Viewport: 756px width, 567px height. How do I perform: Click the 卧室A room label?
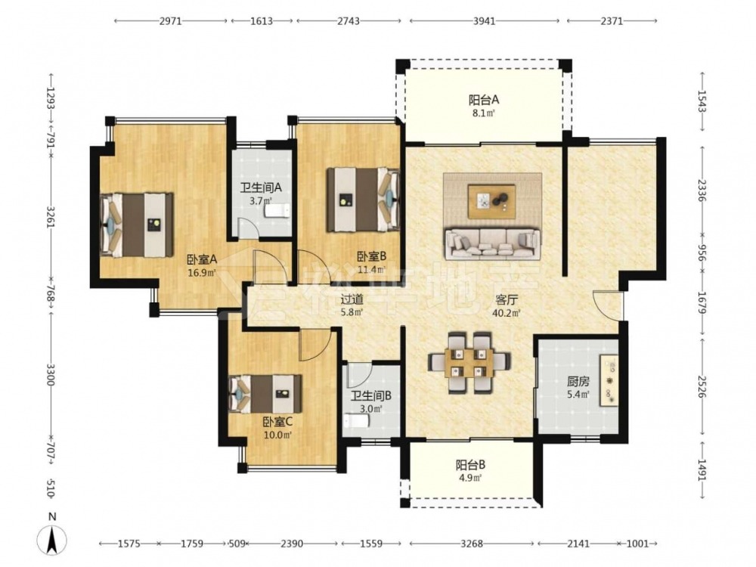[x=202, y=259]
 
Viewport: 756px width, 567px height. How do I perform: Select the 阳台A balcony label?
[x=484, y=100]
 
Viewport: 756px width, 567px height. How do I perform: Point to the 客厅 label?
[x=507, y=300]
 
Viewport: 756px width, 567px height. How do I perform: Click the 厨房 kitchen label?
[x=578, y=382]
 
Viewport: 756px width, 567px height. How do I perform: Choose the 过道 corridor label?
[x=352, y=299]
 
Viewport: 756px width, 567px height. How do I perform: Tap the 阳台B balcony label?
[x=470, y=465]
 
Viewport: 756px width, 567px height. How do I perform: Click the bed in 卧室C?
[x=265, y=394]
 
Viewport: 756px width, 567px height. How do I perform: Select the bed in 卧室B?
[x=364, y=200]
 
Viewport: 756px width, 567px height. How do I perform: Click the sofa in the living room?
[x=492, y=244]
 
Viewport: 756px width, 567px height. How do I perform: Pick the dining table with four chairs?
[x=469, y=362]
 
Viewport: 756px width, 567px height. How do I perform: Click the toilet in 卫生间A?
[x=276, y=211]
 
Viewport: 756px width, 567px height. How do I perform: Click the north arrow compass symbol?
[x=53, y=539]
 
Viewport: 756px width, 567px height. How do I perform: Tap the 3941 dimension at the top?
[x=484, y=20]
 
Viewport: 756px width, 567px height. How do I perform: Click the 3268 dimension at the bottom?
[x=471, y=544]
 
